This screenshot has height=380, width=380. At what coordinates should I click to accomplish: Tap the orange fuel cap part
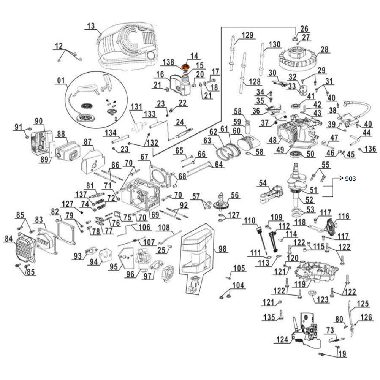[x=185, y=67]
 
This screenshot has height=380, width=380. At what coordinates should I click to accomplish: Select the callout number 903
[x=351, y=179]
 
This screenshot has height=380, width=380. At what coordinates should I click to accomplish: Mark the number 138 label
[x=168, y=62]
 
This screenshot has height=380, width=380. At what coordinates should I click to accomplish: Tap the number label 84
[x=8, y=238]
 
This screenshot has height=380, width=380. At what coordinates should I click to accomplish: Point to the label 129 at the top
[x=247, y=35]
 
